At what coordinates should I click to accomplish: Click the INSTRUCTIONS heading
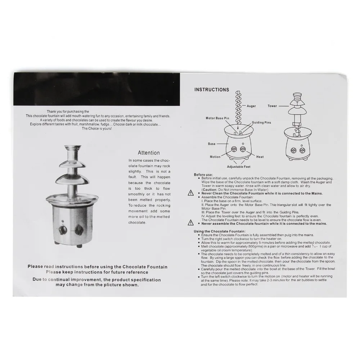point(212,90)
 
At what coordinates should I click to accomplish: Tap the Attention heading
point(149,153)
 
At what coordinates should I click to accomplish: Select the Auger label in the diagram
point(251,106)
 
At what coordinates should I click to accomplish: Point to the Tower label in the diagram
point(272,106)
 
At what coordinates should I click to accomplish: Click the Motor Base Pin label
point(217,118)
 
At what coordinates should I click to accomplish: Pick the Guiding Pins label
point(261,123)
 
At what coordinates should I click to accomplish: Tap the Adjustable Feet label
point(239,167)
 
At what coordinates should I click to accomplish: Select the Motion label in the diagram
point(215,157)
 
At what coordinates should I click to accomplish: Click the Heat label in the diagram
point(260,157)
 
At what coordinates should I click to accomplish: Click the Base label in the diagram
point(212,144)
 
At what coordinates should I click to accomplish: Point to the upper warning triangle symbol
point(190,193)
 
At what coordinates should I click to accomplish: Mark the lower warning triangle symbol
point(190,222)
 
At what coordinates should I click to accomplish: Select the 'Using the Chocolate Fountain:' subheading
point(220,231)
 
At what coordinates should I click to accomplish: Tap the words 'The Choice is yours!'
point(97,129)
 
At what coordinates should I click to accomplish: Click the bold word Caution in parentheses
point(210,190)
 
